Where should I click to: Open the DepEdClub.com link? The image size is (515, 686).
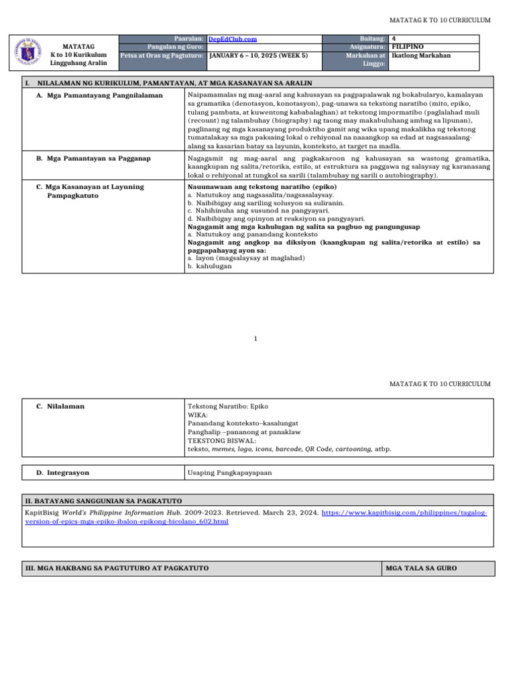232,40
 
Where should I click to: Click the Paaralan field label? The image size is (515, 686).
188,40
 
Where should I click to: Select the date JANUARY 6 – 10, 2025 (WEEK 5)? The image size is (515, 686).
259,56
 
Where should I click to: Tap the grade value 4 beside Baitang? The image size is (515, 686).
392,40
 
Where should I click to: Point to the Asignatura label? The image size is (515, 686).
366,48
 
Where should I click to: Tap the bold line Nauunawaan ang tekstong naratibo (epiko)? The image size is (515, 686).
262,186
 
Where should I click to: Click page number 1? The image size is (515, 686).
255,338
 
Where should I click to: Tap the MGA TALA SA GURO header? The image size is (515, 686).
421,568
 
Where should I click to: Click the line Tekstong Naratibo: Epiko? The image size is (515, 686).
228,406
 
